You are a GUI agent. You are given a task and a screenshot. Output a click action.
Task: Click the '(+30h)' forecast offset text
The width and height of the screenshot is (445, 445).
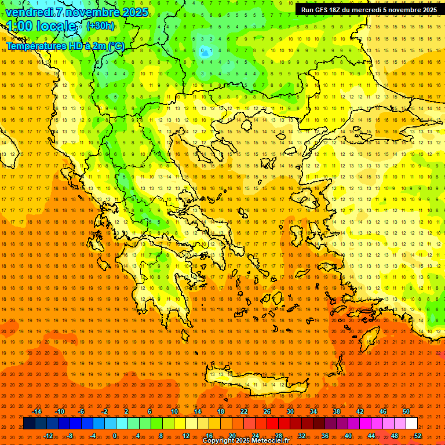coord(100,26)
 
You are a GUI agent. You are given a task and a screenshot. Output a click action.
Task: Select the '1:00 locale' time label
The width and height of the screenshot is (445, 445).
coord(42,27)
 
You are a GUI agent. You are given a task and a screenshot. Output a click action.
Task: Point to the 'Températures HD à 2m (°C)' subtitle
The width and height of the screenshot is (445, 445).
coord(65,46)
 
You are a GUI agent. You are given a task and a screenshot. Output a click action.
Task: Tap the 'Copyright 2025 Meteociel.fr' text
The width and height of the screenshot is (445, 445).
coord(246,441)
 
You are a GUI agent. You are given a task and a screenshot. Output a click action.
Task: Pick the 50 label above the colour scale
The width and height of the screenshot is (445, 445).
coord(406,411)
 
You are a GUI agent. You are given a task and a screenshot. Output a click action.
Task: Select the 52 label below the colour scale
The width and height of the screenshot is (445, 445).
coord(418,436)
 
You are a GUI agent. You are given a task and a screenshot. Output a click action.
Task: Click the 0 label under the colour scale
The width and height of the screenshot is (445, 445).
coord(115,436)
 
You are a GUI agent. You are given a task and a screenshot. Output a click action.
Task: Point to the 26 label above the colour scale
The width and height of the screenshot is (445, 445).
coord(267,411)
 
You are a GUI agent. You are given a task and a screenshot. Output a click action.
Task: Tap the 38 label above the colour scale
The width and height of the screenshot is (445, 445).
coord(336,411)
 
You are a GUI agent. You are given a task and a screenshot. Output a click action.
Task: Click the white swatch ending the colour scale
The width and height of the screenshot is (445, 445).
coord(412,424)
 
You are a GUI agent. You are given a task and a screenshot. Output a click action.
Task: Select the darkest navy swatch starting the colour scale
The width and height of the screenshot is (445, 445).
coord(29,424)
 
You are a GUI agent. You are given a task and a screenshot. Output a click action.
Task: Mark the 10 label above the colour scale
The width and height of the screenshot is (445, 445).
coord(174,411)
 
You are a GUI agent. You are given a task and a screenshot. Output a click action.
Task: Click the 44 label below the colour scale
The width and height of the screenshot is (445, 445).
coord(371,436)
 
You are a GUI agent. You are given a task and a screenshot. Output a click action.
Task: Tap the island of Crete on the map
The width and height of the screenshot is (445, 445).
coord(255,384)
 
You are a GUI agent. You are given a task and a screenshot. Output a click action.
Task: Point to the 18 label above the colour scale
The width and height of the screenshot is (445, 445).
coord(220,411)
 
